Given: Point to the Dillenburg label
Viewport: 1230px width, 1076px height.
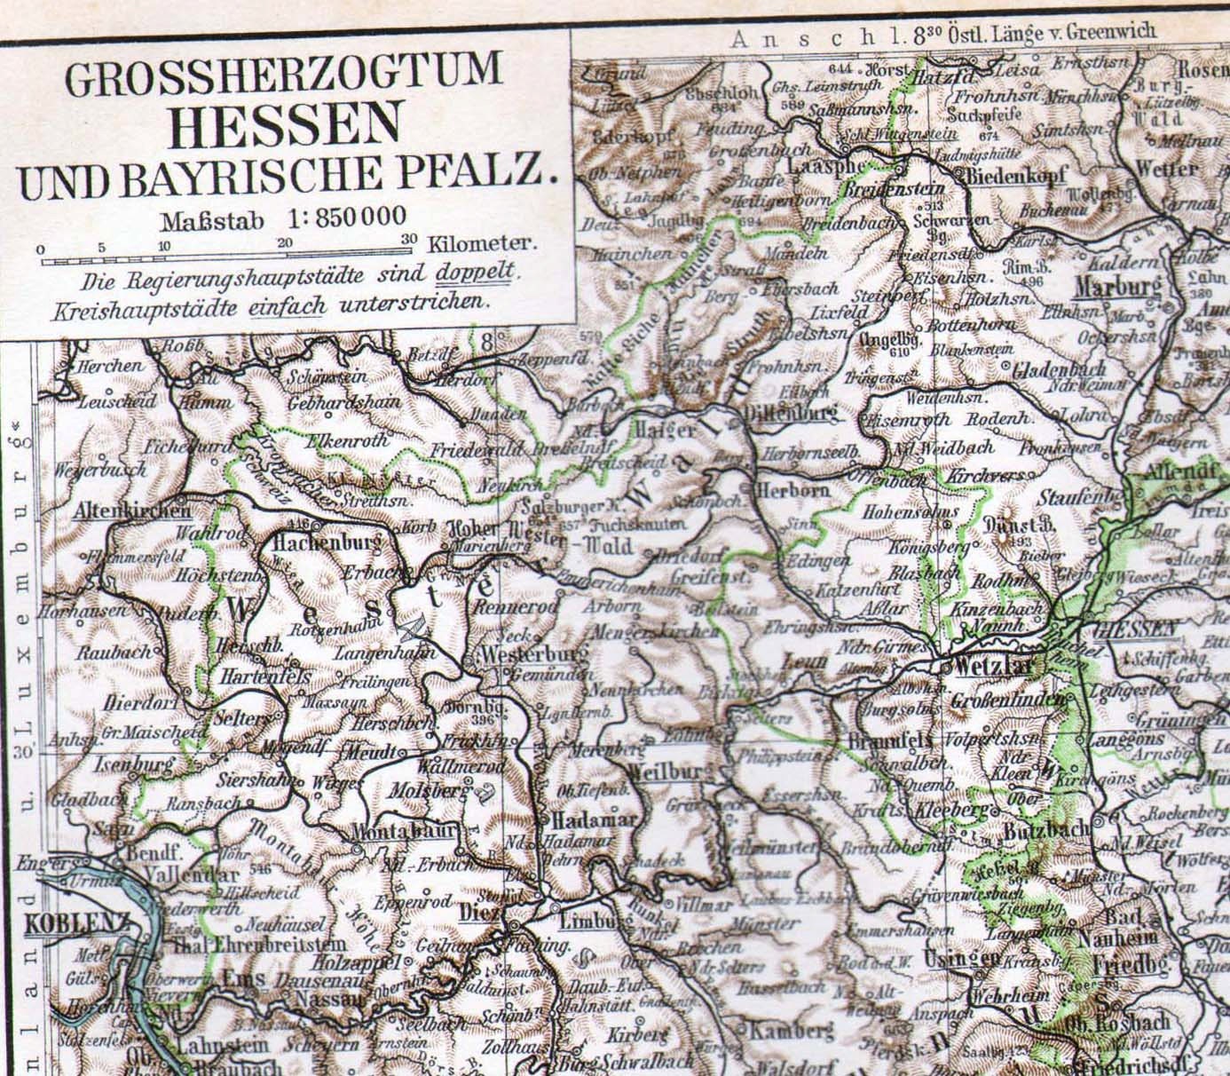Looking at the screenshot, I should (792, 413).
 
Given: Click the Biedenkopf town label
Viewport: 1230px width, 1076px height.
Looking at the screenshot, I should (1016, 175).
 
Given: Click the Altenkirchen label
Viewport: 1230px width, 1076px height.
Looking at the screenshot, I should (132, 510).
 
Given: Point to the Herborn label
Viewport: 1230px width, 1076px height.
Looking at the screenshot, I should (793, 490).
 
